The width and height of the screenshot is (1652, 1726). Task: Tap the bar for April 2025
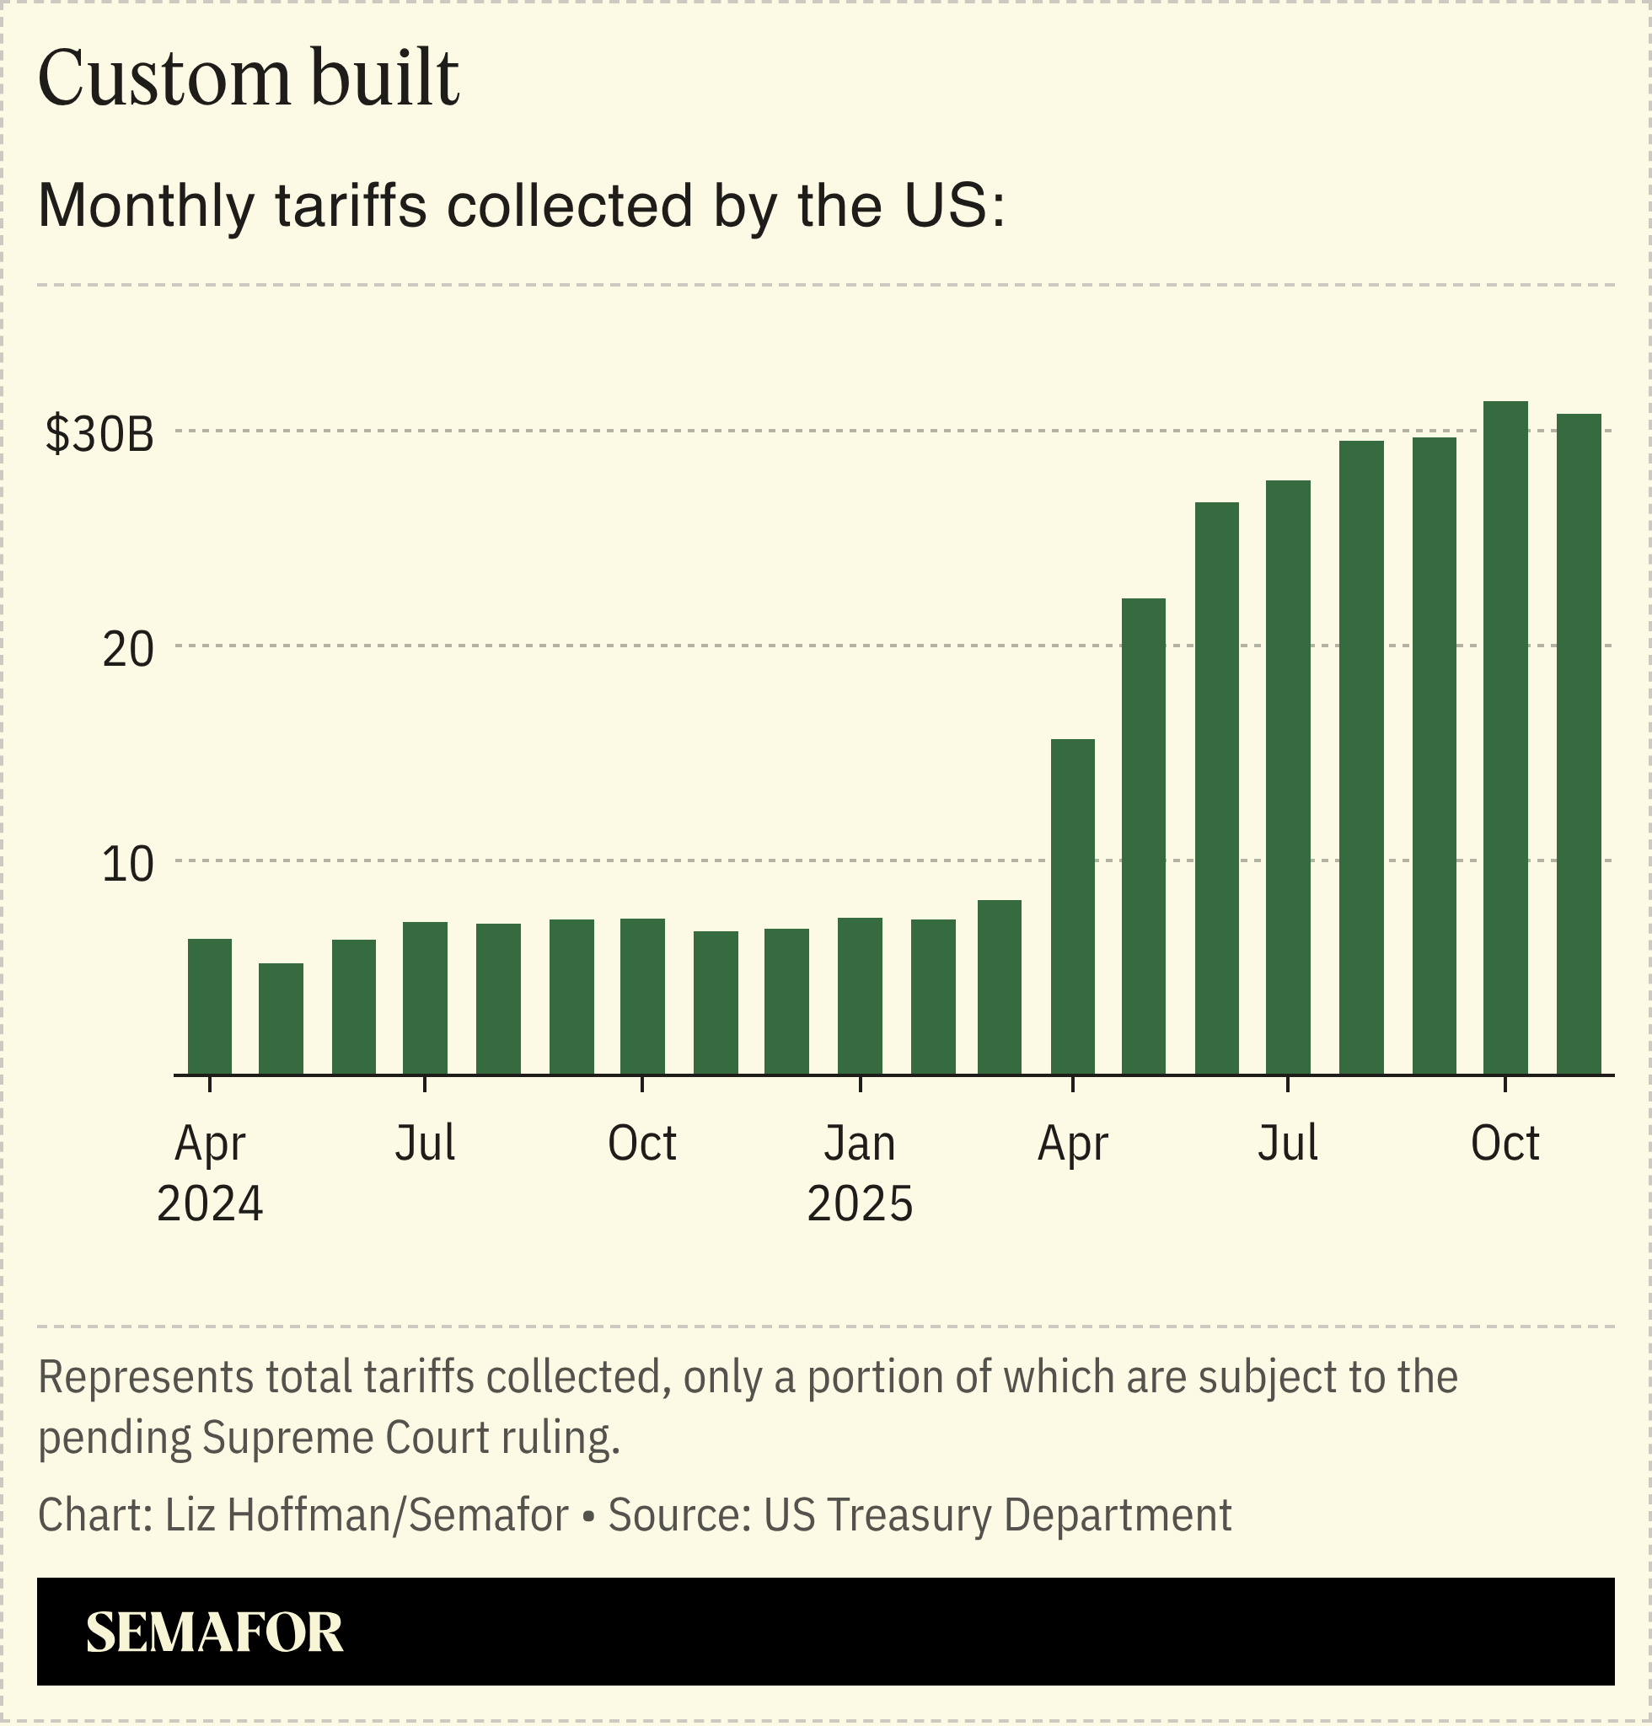pyautogui.click(x=1073, y=907)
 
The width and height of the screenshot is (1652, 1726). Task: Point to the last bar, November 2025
pyautogui.click(x=1578, y=744)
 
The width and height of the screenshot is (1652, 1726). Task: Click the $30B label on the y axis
pyautogui.click(x=99, y=435)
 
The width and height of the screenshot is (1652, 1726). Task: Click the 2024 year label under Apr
pyautogui.click(x=210, y=1203)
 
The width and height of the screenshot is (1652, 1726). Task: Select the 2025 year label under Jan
pyautogui.click(x=860, y=1203)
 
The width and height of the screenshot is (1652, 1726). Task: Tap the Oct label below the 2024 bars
pyautogui.click(x=642, y=1144)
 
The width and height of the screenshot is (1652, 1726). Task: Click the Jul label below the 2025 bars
pyautogui.click(x=1287, y=1144)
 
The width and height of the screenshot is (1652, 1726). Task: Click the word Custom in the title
pyautogui.click(x=164, y=79)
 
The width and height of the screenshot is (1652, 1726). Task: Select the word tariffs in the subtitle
pyautogui.click(x=351, y=206)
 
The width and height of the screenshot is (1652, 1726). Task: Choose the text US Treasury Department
pyautogui.click(x=997, y=1515)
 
